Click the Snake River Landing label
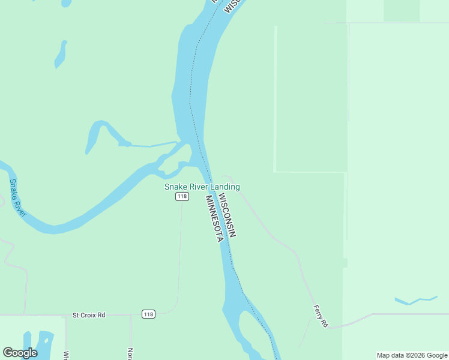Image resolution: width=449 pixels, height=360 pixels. point(202,187)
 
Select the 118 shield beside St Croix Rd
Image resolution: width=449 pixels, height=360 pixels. point(148,314)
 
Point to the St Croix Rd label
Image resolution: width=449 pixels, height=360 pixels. point(89,314)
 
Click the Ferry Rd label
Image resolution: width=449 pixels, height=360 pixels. point(321,316)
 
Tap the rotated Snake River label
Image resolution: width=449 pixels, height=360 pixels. point(17,197)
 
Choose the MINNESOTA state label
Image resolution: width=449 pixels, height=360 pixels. point(214,218)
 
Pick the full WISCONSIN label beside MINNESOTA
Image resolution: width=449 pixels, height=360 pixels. point(227,215)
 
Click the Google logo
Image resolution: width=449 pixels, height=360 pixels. point(20,353)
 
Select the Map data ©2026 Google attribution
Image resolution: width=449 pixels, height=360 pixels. point(411,355)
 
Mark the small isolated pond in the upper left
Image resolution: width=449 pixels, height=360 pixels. point(61,54)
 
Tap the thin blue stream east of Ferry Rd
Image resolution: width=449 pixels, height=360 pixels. point(415,299)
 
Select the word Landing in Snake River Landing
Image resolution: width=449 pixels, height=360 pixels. point(225,187)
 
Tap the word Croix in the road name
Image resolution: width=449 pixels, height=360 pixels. point(89,314)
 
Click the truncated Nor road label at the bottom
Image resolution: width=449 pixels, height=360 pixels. point(130,354)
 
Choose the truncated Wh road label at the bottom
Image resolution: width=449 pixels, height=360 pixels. point(67,355)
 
